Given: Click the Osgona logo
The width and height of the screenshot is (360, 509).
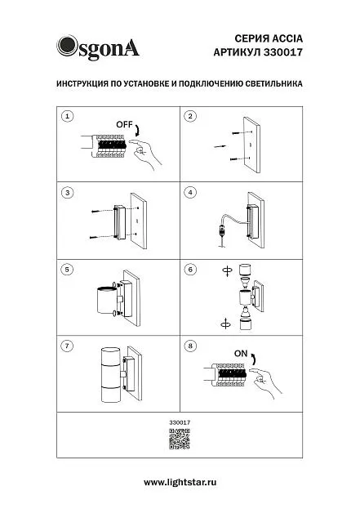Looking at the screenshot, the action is click(98, 47).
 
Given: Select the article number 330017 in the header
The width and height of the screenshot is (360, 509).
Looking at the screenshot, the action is click(282, 52).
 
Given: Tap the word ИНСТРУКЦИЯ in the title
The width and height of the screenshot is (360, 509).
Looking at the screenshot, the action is click(82, 84).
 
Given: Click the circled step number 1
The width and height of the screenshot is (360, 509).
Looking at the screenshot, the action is click(67, 116).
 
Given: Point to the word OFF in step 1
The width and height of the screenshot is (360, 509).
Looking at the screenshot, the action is click(124, 124).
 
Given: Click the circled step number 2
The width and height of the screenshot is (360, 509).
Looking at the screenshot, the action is click(190, 116).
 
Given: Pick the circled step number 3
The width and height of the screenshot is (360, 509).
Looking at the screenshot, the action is click(67, 193).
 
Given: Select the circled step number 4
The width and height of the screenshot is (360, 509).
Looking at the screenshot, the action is click(190, 193).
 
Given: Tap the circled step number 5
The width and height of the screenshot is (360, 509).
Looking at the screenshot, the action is click(67, 270).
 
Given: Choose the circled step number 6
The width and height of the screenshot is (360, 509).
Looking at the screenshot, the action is click(190, 270).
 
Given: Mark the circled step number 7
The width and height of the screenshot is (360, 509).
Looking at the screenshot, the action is click(67, 346).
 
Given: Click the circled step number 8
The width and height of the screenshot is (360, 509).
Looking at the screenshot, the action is click(190, 346).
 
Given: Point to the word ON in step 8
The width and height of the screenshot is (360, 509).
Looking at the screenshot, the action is click(241, 354).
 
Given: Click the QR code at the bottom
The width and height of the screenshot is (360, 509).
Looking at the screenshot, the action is click(180, 439).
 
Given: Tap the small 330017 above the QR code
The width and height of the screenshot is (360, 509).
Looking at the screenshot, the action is click(180, 422).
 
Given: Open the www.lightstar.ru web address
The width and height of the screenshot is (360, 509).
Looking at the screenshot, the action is click(180, 482).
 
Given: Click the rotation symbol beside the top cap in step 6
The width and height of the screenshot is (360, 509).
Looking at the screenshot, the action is click(228, 270).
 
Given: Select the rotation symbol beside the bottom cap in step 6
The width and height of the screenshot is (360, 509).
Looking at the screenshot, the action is click(226, 324).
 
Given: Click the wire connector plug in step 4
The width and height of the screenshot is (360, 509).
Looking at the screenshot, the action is click(222, 231).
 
